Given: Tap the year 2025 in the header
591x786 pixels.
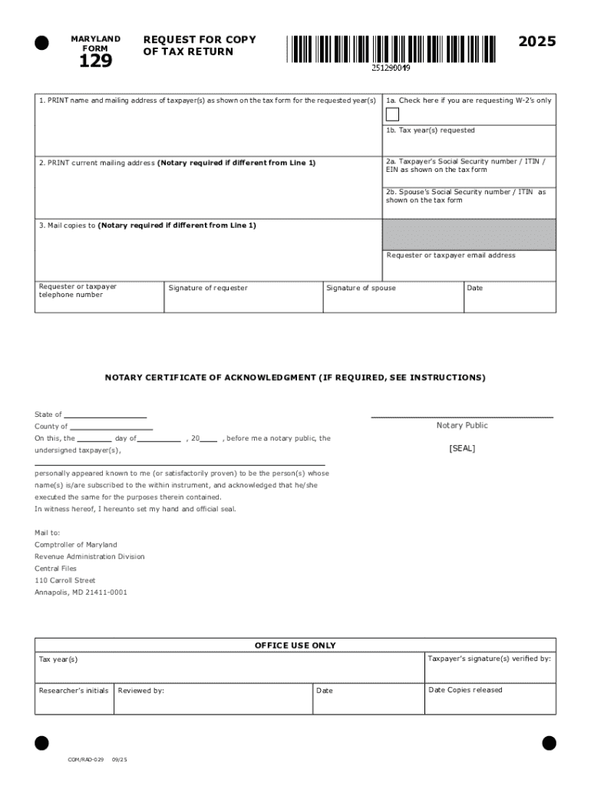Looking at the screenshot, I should [537, 42].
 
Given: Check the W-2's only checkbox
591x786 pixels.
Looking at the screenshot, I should [392, 115].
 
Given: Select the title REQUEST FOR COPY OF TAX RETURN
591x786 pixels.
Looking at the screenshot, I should [200, 45].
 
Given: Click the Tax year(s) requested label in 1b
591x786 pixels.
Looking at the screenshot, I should [431, 130].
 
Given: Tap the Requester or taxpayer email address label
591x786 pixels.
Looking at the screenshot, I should [451, 256].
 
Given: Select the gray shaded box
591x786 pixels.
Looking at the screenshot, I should [469, 234].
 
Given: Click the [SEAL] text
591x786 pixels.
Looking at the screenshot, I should [462, 448].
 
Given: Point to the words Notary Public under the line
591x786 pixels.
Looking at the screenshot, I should [462, 425].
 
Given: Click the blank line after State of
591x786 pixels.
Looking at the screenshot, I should [105, 415].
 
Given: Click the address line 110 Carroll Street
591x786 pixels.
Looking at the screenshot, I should [65, 581].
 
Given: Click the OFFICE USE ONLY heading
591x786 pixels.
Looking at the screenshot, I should [295, 646].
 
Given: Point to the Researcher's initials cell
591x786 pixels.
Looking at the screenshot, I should [74, 698].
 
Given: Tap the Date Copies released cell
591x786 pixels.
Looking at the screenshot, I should [490, 698].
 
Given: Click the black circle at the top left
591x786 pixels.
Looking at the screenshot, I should [41, 42].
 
